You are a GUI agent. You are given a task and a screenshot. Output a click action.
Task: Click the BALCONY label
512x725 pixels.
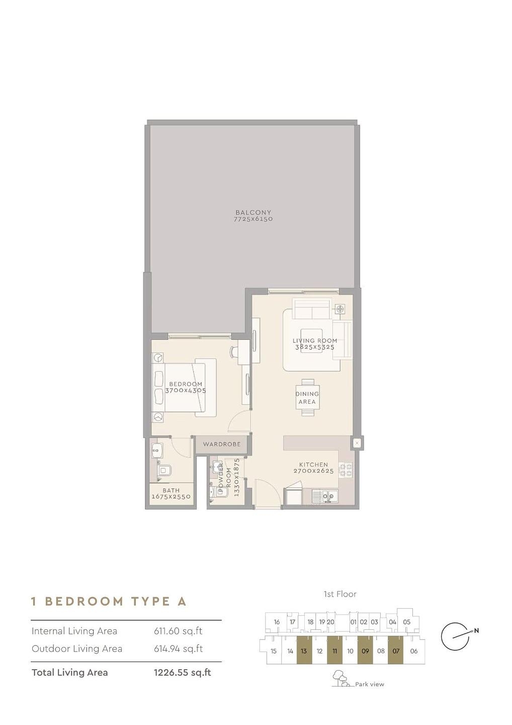[253, 212]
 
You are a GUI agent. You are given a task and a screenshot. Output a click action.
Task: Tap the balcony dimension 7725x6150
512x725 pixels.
[253, 219]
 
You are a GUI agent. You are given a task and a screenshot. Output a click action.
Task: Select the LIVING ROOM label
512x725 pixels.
[315, 340]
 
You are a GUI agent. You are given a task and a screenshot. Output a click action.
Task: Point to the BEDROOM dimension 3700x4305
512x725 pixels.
[186, 390]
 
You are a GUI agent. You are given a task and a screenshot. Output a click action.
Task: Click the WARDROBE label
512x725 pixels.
[222, 444]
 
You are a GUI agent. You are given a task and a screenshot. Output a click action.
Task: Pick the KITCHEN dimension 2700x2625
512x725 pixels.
[313, 471]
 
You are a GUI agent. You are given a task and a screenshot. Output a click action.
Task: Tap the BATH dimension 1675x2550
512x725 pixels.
[172, 496]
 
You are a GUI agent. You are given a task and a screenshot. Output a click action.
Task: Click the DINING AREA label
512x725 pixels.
[307, 398]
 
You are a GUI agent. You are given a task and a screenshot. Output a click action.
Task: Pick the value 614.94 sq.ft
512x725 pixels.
[179, 648]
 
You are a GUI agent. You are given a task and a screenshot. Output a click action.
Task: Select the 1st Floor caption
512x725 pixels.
[340, 594]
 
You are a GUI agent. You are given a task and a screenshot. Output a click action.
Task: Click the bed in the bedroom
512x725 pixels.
[184, 388]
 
